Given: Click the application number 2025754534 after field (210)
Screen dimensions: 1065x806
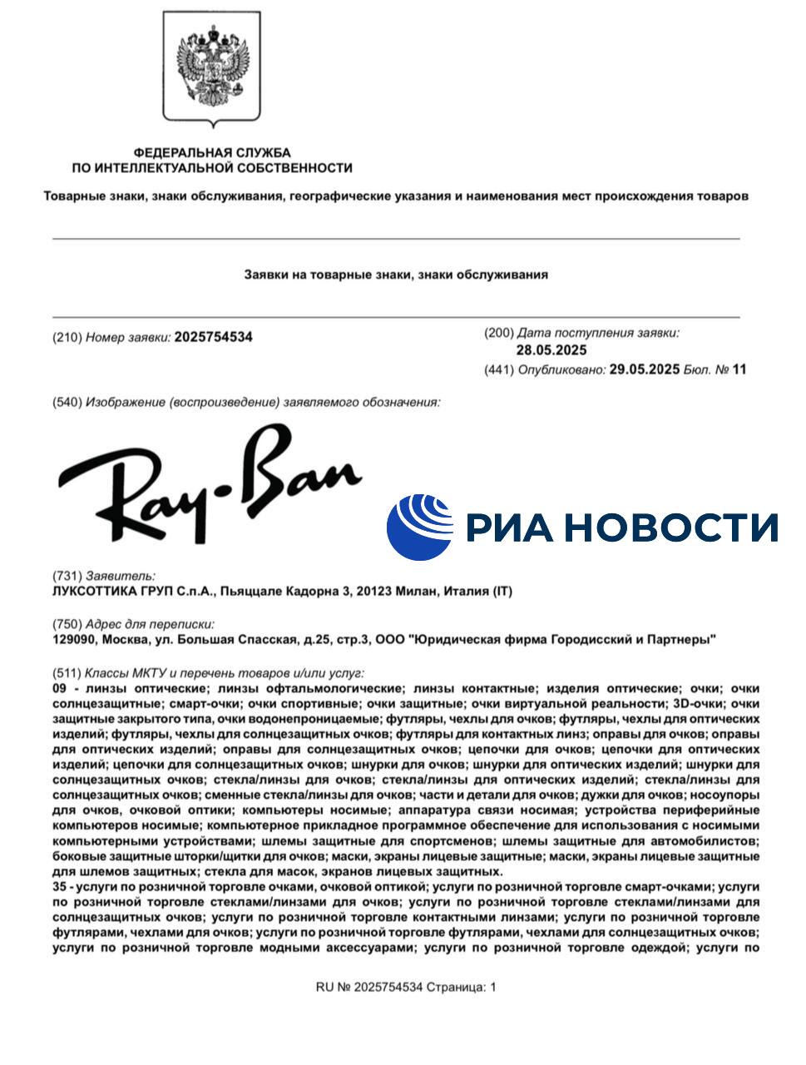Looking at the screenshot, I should (x=213, y=337).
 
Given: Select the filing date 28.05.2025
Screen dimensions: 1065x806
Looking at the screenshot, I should (x=551, y=350).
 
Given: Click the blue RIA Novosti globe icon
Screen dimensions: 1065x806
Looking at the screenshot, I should (x=419, y=527).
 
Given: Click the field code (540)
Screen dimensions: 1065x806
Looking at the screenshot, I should (x=67, y=403).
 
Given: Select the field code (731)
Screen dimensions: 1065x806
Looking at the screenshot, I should (x=67, y=576).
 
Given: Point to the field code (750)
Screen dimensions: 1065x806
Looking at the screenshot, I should (x=67, y=624).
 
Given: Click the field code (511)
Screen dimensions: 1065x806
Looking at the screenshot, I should (x=67, y=673).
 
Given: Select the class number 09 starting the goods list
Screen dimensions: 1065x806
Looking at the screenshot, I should (x=59, y=689).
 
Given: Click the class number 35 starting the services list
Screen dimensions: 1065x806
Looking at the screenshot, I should (x=59, y=887).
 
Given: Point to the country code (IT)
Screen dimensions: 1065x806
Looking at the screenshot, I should (x=502, y=592).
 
